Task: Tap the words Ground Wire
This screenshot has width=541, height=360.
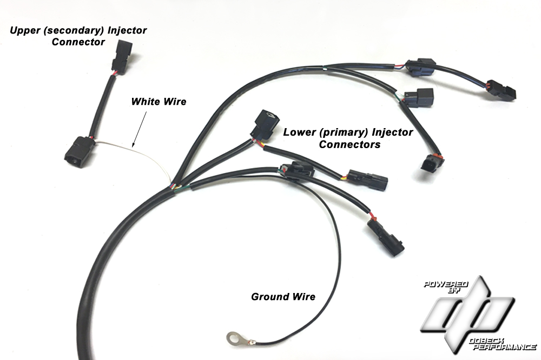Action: click(x=283, y=297)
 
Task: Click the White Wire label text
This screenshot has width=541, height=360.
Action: click(x=159, y=102)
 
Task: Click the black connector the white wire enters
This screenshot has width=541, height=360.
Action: click(x=80, y=152)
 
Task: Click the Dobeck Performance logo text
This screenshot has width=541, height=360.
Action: click(x=503, y=343)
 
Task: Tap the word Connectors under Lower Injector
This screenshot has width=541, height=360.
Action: click(x=349, y=144)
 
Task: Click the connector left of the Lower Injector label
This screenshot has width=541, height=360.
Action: click(x=265, y=126)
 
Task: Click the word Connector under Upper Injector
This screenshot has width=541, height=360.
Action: click(x=78, y=42)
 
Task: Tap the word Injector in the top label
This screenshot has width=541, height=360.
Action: click(x=127, y=30)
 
